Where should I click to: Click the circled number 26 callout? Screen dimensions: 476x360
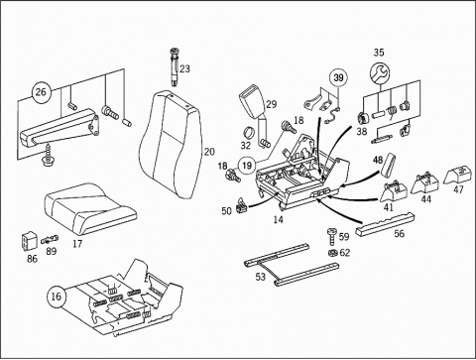[x=41, y=92]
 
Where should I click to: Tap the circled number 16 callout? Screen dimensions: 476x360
[x=56, y=297]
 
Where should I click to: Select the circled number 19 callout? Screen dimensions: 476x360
[x=247, y=165]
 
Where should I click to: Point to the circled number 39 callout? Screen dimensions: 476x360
[x=338, y=77]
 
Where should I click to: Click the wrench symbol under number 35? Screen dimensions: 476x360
[x=379, y=73]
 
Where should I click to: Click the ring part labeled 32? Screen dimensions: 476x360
[x=251, y=133]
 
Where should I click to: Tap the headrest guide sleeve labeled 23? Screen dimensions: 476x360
[x=175, y=66]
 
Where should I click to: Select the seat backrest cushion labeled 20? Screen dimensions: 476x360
[x=171, y=145]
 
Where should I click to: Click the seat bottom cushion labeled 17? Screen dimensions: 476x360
[x=89, y=208]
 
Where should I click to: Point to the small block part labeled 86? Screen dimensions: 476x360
[x=30, y=241]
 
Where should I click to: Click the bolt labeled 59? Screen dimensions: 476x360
[x=332, y=237]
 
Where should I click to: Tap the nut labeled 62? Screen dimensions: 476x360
[x=333, y=253]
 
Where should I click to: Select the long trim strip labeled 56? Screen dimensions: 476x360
[x=385, y=224]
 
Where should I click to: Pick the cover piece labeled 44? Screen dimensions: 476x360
[x=424, y=183]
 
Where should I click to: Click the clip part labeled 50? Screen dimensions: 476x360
[x=242, y=206]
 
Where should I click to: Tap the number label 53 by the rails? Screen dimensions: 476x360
[x=260, y=277]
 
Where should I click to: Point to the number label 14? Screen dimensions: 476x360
[x=279, y=219]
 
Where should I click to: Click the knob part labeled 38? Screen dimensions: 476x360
[x=364, y=118]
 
